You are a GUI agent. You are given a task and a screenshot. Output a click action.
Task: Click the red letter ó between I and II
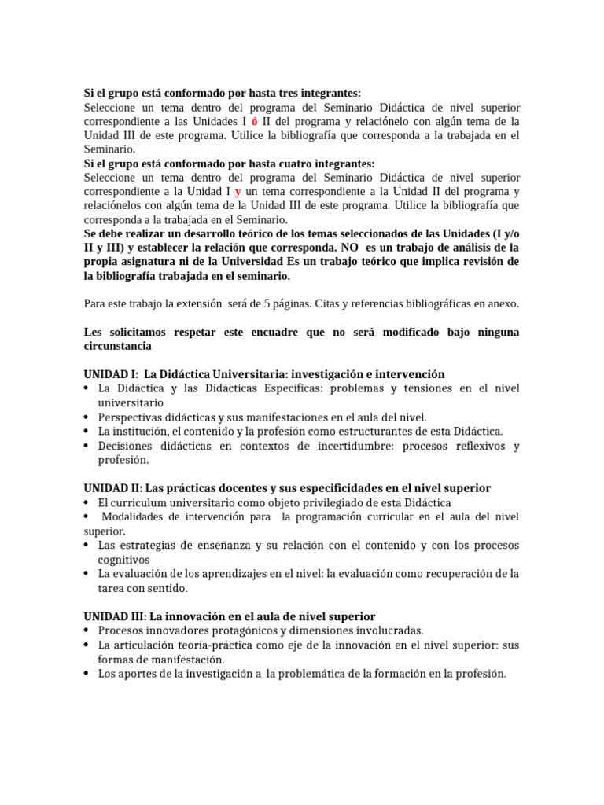255,121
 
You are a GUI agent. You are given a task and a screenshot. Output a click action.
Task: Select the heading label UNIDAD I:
111,374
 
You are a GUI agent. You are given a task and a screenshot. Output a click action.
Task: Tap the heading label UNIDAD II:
113,488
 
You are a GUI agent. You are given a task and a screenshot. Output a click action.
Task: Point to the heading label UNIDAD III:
116,616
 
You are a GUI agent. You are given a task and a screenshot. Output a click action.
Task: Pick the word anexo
503,304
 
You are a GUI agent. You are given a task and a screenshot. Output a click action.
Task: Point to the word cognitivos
124,559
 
